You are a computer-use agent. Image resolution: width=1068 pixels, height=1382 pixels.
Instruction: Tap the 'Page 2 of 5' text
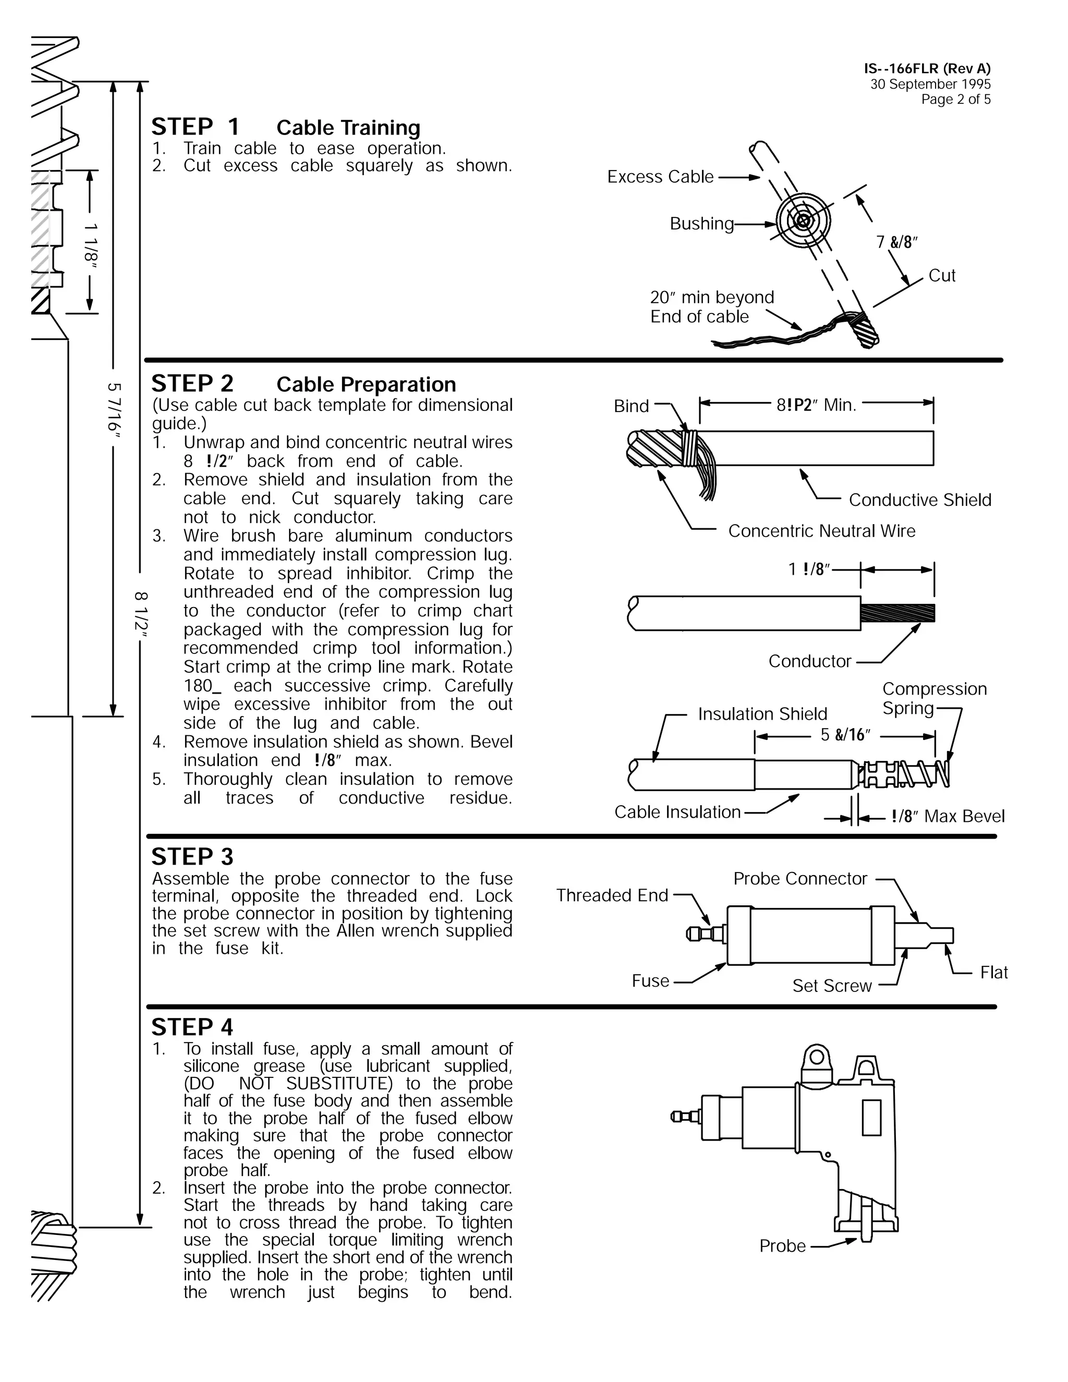coord(955,99)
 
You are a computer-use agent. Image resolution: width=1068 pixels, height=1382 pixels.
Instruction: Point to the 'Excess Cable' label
coord(660,177)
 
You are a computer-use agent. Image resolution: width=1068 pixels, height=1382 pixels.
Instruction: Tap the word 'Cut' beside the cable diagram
coord(941,275)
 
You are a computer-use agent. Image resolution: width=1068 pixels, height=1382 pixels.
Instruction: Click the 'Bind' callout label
coord(631,406)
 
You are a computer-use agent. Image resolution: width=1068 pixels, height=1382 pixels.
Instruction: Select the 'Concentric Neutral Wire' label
coord(821,530)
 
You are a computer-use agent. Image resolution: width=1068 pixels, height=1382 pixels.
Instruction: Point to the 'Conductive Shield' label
coord(919,500)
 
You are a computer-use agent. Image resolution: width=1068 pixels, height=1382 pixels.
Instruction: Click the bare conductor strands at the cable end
coord(897,613)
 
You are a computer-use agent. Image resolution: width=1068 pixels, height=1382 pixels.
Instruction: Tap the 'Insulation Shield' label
coord(762,714)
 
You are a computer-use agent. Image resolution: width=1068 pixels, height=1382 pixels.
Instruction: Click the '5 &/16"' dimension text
coord(845,735)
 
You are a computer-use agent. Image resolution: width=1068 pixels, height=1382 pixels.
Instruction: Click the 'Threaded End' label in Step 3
coord(612,895)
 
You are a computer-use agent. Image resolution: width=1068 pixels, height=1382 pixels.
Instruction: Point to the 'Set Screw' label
coord(831,985)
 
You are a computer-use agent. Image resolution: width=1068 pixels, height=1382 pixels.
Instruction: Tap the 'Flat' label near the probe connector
coord(993,972)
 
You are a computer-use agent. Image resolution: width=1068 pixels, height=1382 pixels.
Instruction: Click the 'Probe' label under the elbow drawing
coord(782,1245)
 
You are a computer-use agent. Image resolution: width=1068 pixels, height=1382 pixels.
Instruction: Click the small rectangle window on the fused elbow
coord(871,1118)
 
